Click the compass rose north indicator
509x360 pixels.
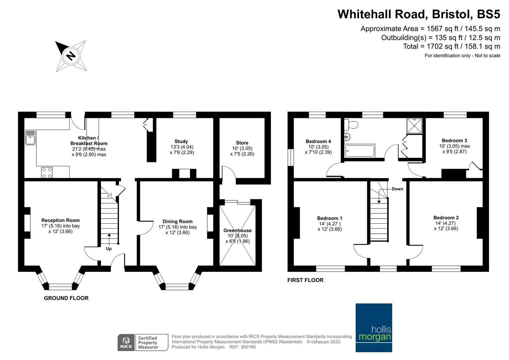pos(70,55)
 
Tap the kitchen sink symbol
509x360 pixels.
pos(30,137)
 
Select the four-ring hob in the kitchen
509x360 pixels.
pos(47,172)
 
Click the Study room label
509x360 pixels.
pos(181,141)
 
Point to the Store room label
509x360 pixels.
pos(242,143)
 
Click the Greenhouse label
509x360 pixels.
pos(237,230)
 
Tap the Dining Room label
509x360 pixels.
pos(177,221)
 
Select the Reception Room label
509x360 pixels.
pos(60,220)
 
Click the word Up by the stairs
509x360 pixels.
pos(109,249)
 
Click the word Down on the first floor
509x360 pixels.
pos(397,189)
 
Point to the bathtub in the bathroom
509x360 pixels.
pos(360,151)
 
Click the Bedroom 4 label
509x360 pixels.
pos(318,141)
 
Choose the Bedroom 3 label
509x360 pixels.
pos(454,140)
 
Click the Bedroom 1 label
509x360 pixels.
pos(329,218)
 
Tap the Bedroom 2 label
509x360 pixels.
pos(446,218)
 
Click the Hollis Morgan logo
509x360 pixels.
pos(374,327)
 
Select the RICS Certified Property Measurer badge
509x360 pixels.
pos(143,342)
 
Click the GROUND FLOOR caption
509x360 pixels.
pos(66,298)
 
